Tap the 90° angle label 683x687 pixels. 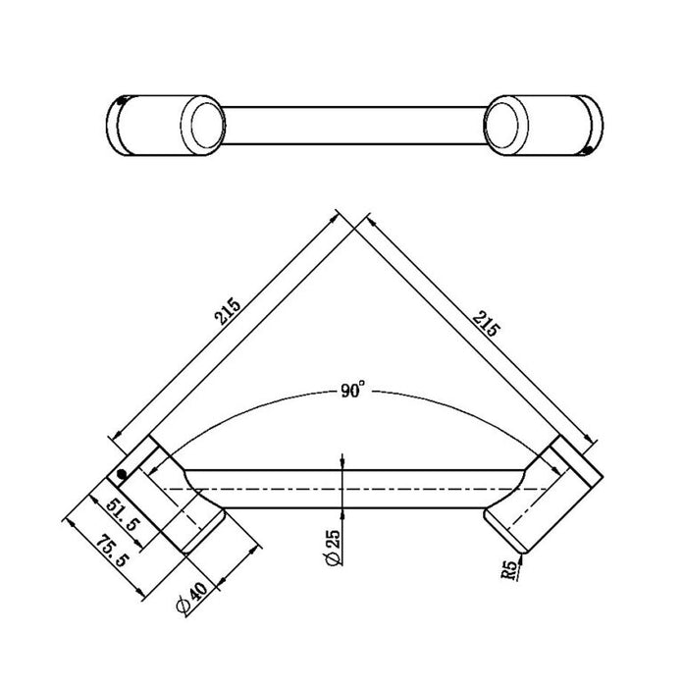pyautogui.click(x=350, y=391)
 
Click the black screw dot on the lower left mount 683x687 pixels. pyautogui.click(x=123, y=475)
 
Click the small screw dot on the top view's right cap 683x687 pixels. pyautogui.click(x=587, y=148)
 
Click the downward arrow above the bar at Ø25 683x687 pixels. pyautogui.click(x=340, y=461)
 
